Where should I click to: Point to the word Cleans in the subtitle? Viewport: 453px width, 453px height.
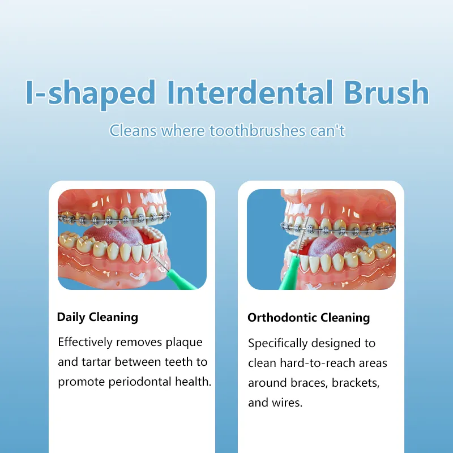click(x=133, y=131)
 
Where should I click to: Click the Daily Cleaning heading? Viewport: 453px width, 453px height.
click(x=97, y=317)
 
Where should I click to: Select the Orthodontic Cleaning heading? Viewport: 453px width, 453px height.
click(x=309, y=318)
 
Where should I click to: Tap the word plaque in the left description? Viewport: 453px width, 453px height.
click(x=183, y=342)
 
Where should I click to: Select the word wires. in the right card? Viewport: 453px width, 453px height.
click(x=292, y=403)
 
